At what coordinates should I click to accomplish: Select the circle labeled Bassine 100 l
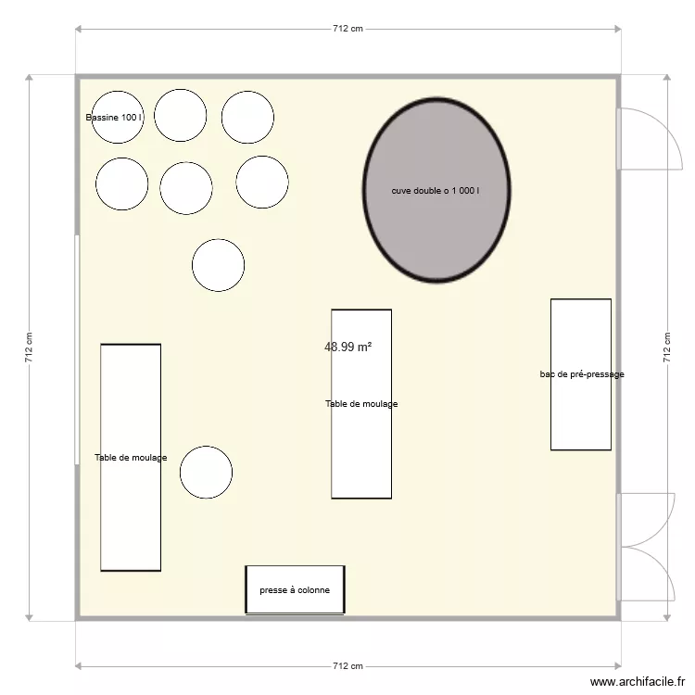pos(117,118)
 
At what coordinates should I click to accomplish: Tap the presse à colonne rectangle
pos(295,589)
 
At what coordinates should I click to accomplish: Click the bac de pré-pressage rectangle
pos(581,374)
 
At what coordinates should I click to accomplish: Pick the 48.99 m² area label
pos(347,347)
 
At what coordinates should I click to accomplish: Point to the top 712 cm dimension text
pos(347,29)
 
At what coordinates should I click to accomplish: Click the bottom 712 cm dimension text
pos(347,666)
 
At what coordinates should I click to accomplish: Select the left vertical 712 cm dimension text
pos(29,348)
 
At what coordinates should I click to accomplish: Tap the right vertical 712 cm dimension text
pos(666,348)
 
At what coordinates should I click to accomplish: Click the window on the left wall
pos(76,348)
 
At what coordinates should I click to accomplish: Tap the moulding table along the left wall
pos(131,457)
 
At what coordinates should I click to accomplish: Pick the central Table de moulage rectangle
pos(361,404)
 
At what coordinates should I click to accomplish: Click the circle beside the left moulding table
pos(206,472)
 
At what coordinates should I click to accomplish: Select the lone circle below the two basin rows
pos(218,265)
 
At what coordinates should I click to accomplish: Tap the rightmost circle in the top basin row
pos(247,117)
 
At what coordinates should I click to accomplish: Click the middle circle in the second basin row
pos(186,188)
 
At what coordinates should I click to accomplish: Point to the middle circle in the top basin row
pos(181,115)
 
